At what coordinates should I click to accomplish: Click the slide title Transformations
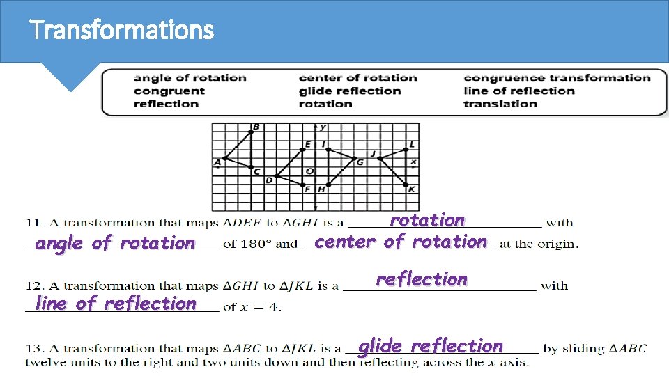[122, 30]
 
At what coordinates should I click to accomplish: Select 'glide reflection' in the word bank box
[350, 91]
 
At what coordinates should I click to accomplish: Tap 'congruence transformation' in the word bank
[556, 78]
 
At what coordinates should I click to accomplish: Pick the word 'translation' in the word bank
[500, 104]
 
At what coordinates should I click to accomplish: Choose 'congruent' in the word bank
[169, 91]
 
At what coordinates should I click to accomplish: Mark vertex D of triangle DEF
[277, 176]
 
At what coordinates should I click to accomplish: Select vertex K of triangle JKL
[407, 185]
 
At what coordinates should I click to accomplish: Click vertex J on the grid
[380, 158]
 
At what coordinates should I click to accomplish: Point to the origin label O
[309, 171]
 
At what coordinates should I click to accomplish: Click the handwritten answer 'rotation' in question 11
[427, 220]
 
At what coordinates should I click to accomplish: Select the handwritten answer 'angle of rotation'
[115, 243]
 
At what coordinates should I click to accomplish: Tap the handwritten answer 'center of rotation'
[400, 242]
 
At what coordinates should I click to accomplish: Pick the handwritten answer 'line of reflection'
[116, 303]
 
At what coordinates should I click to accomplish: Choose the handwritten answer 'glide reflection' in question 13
[430, 346]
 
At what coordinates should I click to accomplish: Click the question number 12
[32, 285]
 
